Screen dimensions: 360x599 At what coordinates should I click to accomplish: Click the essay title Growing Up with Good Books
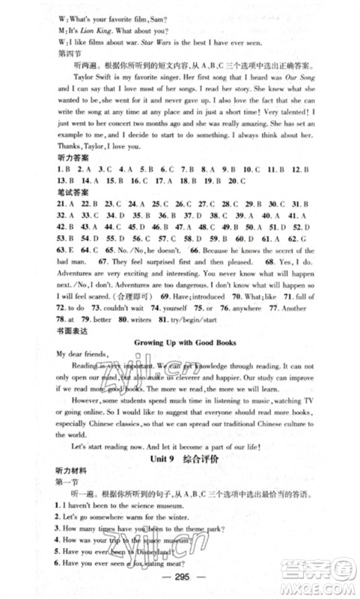click(180, 344)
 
